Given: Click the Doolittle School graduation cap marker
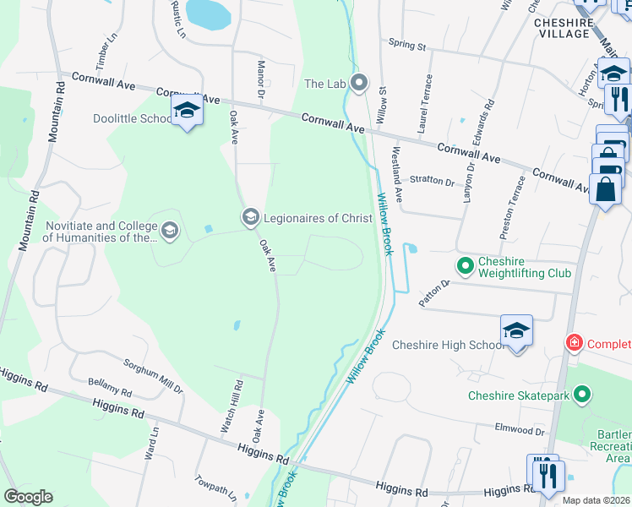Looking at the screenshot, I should [x=186, y=111].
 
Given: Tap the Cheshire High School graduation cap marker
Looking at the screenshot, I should [x=516, y=331].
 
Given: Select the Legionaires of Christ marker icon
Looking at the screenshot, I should [x=250, y=218].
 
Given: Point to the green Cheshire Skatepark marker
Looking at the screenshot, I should [x=582, y=395].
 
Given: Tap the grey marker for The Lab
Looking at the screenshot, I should [x=360, y=83].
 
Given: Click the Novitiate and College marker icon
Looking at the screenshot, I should [x=170, y=232].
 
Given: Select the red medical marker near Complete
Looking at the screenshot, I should [x=575, y=343].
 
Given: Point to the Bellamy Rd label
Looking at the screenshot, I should [x=110, y=388].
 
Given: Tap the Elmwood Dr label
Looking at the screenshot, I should [x=520, y=430].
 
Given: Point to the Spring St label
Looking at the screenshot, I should [x=407, y=45].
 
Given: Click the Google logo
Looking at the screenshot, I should [x=28, y=497].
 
